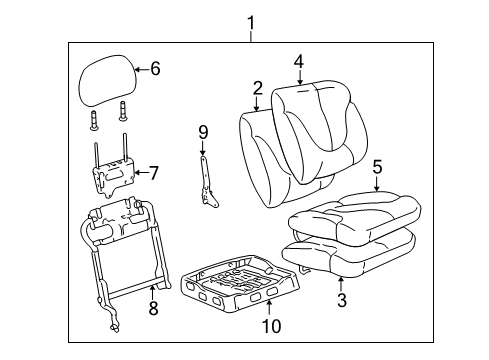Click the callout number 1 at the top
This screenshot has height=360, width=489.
click(251, 20)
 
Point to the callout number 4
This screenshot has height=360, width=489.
click(298, 62)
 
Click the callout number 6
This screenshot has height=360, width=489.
click(154, 70)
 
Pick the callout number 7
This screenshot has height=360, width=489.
click(154, 173)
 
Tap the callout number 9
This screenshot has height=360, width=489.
click(202, 131)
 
